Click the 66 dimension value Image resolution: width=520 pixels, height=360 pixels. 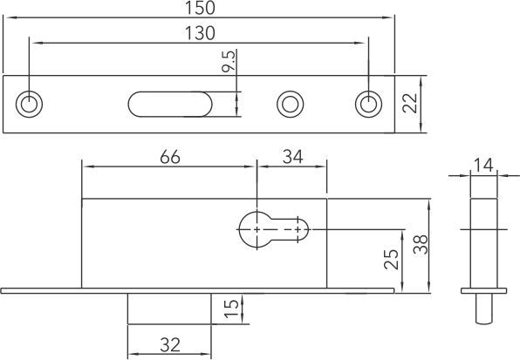point(171,158)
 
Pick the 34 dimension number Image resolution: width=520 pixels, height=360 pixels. point(291,158)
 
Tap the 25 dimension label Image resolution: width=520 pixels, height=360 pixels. point(391,260)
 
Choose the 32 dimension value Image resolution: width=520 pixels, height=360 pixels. point(169,343)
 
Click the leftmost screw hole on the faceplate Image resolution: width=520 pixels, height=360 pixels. point(31,104)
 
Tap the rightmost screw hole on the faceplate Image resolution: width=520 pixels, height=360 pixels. point(367,104)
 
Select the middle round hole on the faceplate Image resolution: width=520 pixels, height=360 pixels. point(289,104)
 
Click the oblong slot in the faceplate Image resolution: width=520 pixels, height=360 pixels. point(169,104)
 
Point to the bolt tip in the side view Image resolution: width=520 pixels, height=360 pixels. point(484,307)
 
